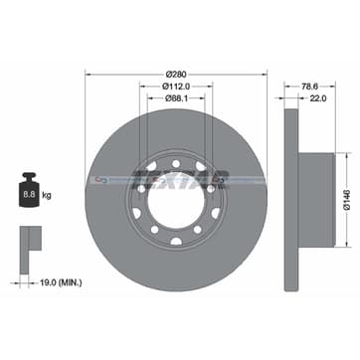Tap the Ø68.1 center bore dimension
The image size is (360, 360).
click(x=177, y=98)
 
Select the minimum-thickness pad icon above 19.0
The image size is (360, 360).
click(x=30, y=245)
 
